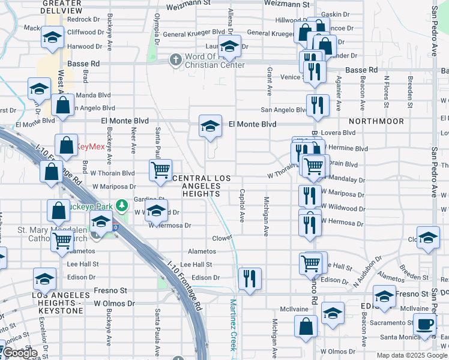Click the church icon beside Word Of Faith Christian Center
175,59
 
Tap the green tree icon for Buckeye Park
123,206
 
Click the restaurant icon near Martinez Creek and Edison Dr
249,278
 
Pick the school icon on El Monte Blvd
210,127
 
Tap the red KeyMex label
92,146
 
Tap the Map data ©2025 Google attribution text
412,355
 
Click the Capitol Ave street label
243,206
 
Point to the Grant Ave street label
269,81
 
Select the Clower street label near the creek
221,238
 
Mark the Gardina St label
149,199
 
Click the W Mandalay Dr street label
344,179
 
